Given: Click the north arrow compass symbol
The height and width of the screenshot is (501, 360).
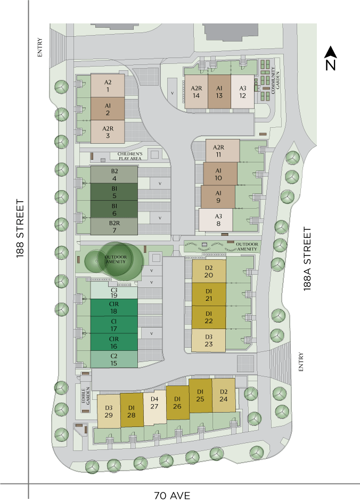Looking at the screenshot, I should (x=331, y=59).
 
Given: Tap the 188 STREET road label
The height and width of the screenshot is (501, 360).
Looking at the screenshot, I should (x=20, y=228).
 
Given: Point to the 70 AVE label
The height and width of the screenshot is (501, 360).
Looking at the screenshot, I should (x=171, y=495).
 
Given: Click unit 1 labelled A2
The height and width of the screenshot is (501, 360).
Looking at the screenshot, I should (x=108, y=85).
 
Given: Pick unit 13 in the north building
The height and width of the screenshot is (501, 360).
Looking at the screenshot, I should (x=219, y=92).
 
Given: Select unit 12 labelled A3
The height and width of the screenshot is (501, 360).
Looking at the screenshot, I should (x=242, y=92).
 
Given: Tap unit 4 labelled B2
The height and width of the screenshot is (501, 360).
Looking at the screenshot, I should (x=114, y=175).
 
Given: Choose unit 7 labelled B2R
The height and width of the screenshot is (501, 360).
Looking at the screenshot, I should (x=114, y=226).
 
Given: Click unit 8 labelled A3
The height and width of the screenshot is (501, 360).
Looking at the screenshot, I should (x=218, y=220).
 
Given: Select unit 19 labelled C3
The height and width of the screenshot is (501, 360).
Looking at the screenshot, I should (x=114, y=292).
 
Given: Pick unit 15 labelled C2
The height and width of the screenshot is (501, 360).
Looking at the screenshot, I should (x=114, y=359).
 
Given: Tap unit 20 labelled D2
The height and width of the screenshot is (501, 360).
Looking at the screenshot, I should (x=208, y=271).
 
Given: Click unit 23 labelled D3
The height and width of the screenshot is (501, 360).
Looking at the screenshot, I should (x=208, y=340).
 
